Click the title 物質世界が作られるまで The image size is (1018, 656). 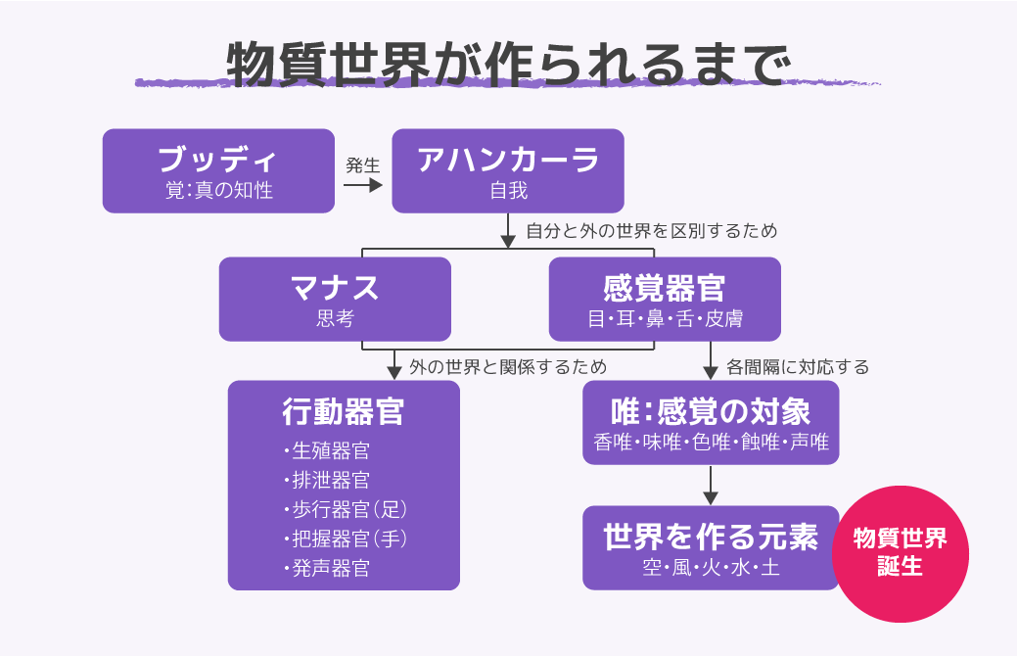point(507,64)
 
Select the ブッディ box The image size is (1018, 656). point(217,170)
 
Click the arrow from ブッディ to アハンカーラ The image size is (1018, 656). point(362,184)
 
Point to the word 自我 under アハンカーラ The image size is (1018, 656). point(508,191)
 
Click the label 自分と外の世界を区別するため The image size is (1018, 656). point(651,232)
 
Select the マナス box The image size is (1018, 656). point(335,299)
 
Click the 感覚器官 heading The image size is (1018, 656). point(664,289)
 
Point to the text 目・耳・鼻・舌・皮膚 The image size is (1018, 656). point(664,319)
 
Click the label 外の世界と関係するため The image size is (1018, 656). point(507,367)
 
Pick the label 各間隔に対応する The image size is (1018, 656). point(797,367)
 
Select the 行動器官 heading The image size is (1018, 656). point(343,412)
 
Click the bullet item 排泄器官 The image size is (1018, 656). point(330,481)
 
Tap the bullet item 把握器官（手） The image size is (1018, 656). point(347,539)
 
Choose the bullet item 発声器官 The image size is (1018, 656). point(330,569)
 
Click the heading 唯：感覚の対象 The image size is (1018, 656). point(711,410)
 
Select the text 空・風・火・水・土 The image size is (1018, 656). point(711,569)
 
